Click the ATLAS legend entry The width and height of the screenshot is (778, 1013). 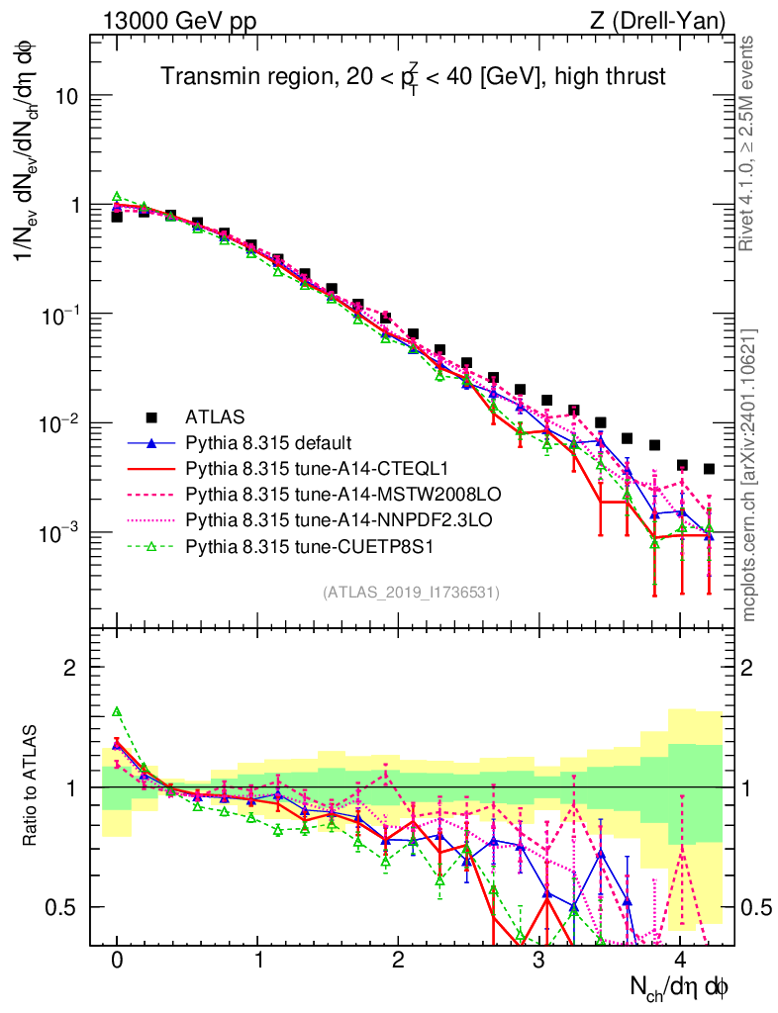[216, 415]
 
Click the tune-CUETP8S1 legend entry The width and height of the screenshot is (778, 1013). [282, 544]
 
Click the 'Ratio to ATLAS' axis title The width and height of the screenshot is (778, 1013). [32, 785]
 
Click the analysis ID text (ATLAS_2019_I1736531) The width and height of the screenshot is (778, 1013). [411, 592]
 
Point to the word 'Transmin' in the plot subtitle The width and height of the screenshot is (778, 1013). [206, 76]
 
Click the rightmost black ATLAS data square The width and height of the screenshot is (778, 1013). [709, 469]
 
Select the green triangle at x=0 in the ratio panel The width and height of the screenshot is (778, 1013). [117, 711]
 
